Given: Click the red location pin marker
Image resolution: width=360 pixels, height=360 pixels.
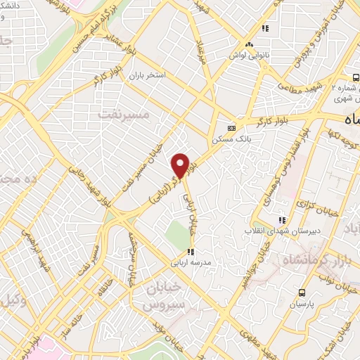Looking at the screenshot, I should point(181,165).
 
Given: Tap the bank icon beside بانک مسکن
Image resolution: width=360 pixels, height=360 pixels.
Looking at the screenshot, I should point(231,128).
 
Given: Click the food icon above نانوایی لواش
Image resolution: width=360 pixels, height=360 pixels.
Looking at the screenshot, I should point(265,29).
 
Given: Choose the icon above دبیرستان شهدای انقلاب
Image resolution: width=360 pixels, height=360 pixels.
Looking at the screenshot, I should point(282,219).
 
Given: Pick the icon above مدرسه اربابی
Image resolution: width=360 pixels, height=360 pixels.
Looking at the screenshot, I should point(191,252).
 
